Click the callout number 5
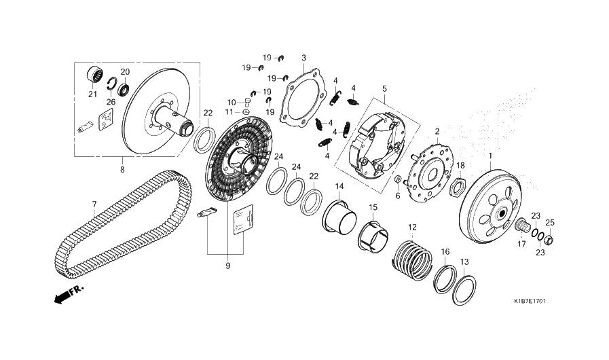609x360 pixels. [384, 88]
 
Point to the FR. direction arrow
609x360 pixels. [69, 294]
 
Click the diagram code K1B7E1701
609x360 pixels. [530, 301]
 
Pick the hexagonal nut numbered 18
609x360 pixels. [457, 185]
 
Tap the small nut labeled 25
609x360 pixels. [548, 240]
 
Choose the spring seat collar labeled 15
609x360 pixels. [373, 236]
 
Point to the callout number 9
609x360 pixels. [227, 266]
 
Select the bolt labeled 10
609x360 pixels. [246, 102]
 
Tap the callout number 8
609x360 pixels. [122, 170]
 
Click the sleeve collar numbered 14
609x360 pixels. [339, 219]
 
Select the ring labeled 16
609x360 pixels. [445, 278]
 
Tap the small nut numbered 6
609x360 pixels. [398, 179]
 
